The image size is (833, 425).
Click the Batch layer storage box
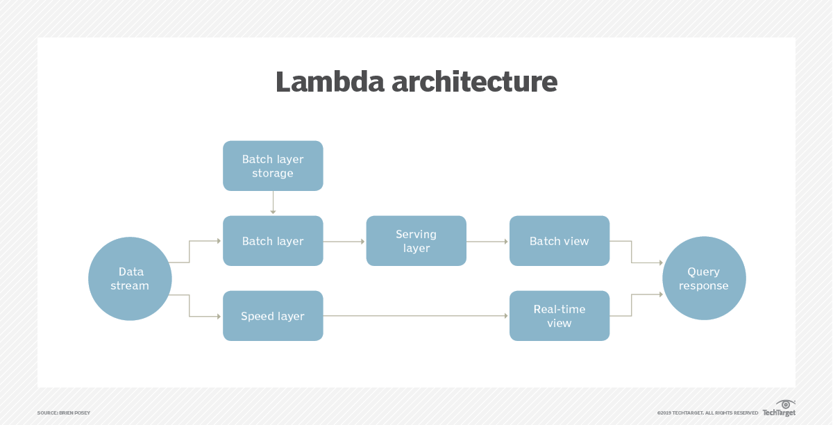pos(273,166)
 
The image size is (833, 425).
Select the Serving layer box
pos(416,241)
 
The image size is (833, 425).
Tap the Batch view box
pos(559,241)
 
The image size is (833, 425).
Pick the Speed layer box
pos(273,316)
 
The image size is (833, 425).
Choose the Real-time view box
pos(559,316)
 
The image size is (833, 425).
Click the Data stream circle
pos(130,278)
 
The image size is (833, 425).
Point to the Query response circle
pos(704,278)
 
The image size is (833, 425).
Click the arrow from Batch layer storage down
pos(273,203)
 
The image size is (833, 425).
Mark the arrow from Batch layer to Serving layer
pos(344,241)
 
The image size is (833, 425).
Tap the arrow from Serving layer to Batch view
pos(487,241)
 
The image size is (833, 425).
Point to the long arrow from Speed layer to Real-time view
pos(416,316)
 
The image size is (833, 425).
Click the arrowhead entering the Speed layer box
pos(218,316)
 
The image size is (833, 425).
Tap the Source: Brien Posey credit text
pos(64,413)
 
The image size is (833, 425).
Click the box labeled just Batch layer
pos(273,241)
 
